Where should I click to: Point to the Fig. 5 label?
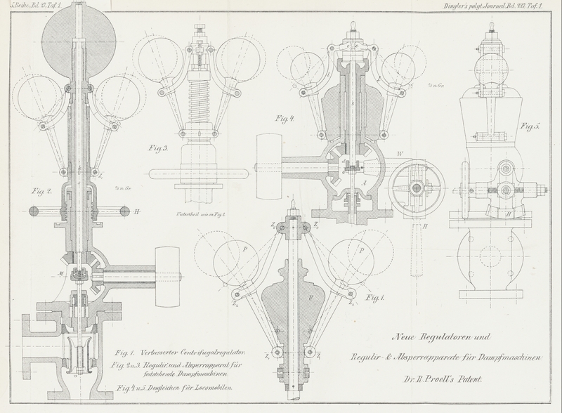[x=529, y=127]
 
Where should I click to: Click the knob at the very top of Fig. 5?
[x=491, y=28]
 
